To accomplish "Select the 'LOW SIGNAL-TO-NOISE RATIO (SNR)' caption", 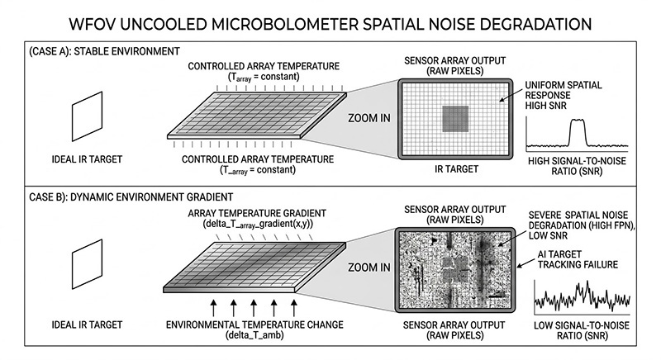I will pos(583,333).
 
